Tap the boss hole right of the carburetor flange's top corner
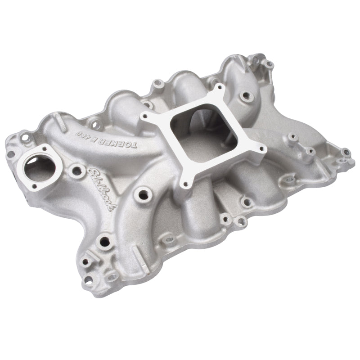247,95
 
